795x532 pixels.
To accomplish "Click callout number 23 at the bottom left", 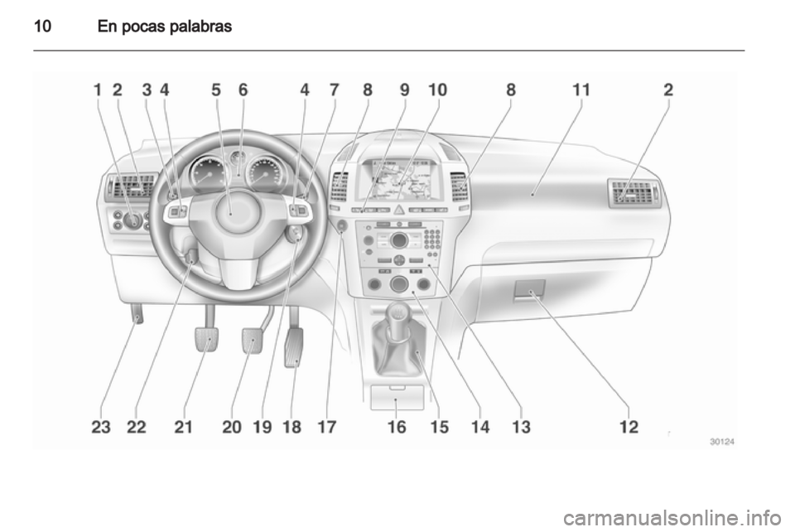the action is point(101,427).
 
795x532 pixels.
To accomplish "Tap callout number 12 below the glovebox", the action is point(629,427).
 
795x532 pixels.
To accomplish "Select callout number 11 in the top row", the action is point(581,89).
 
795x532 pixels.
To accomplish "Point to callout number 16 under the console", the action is point(397,427).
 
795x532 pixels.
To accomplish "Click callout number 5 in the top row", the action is point(216,89).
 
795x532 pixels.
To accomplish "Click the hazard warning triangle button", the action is point(399,210).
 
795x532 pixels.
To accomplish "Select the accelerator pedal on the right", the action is point(293,347).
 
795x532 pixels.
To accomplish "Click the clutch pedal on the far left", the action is point(206,339).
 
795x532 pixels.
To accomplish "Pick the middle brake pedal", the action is point(253,341).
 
